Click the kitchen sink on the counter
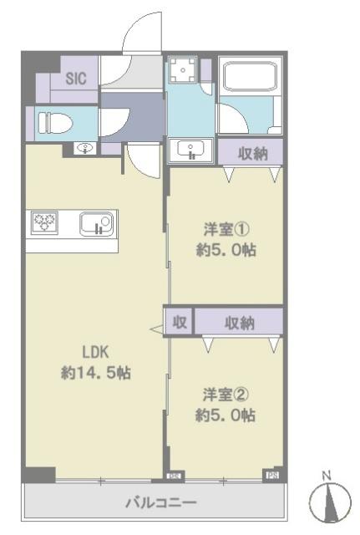click(95, 224)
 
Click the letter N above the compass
click(327, 476)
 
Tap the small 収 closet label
click(180, 322)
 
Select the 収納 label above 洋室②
click(240, 322)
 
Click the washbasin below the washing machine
click(191, 151)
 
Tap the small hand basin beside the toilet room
click(85, 149)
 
